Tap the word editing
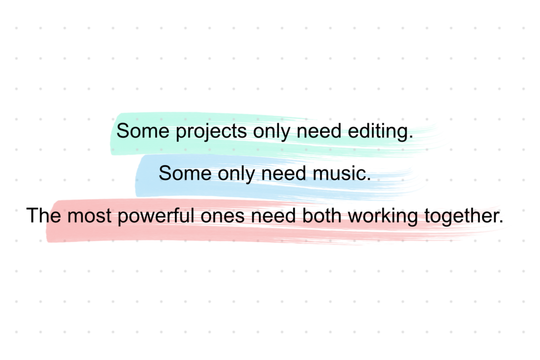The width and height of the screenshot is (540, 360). [379, 131]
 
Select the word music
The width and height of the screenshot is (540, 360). [340, 173]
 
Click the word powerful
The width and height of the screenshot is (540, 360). [155, 216]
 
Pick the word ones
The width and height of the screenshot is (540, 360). [225, 216]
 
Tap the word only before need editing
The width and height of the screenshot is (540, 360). [271, 131]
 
